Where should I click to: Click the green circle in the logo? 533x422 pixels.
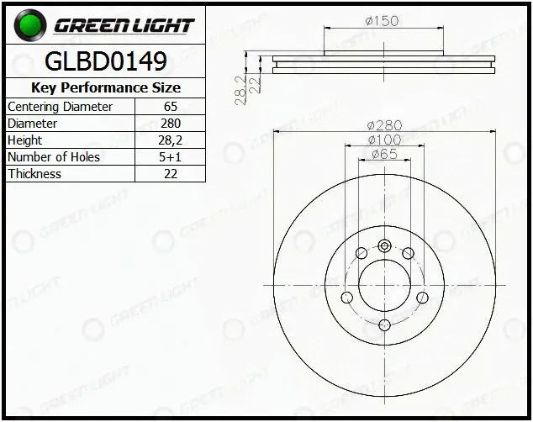(x=30, y=25)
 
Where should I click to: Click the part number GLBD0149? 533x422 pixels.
(x=106, y=61)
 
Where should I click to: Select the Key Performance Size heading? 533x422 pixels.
(x=106, y=87)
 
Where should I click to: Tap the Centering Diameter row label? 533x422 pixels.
(x=60, y=107)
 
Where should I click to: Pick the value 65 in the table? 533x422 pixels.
(x=171, y=107)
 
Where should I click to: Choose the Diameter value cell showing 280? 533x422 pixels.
(x=171, y=124)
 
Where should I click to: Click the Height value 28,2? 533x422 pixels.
(x=171, y=140)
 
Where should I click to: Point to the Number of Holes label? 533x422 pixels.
(x=54, y=157)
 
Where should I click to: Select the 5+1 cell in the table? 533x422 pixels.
(x=171, y=157)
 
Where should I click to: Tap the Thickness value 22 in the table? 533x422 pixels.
(x=171, y=174)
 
